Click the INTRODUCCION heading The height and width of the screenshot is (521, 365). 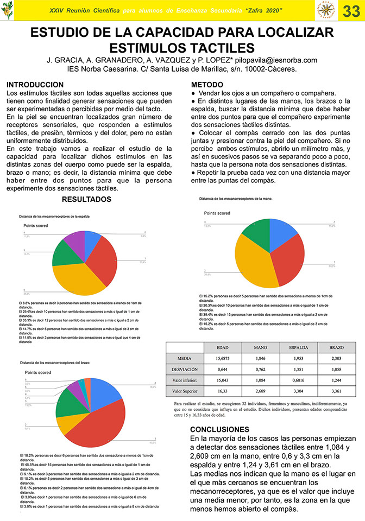click(x=35, y=85)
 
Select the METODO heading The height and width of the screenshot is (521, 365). click(x=207, y=85)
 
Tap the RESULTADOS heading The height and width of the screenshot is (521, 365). click(x=86, y=199)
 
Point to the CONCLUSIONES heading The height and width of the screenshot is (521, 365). click(x=220, y=429)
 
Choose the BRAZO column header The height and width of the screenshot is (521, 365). click(x=336, y=348)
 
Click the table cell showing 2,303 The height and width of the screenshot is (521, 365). click(x=336, y=359)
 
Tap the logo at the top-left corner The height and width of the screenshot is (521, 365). click(x=8, y=10)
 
